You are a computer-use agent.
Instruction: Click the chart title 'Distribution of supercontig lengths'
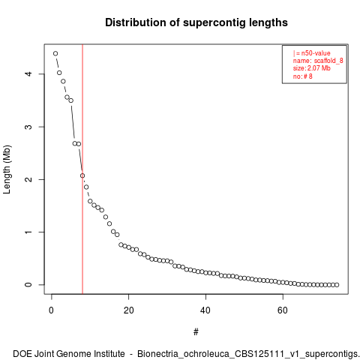pyautogui.click(x=196, y=22)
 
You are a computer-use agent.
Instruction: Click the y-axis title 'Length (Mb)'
pyautogui.click(x=7, y=169)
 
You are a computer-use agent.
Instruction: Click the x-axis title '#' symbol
pyautogui.click(x=196, y=332)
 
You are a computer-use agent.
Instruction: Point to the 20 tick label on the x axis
pyautogui.click(x=128, y=310)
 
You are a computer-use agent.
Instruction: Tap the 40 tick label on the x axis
pyautogui.click(x=205, y=310)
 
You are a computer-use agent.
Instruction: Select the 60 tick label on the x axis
pyautogui.click(x=283, y=310)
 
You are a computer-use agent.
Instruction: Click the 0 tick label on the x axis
pyautogui.click(x=52, y=310)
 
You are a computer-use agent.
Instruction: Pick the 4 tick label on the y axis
pyautogui.click(x=28, y=74)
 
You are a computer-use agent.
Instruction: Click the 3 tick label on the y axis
pyautogui.click(x=28, y=127)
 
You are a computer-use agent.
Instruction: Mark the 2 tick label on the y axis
pyautogui.click(x=28, y=179)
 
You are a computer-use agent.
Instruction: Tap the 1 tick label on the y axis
pyautogui.click(x=28, y=232)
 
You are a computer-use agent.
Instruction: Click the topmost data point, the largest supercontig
pyautogui.click(x=55, y=53)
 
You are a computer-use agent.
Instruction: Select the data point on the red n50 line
pyautogui.click(x=82, y=175)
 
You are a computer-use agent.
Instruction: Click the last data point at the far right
pyautogui.click(x=337, y=285)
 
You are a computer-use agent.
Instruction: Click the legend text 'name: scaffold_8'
pyautogui.click(x=318, y=61)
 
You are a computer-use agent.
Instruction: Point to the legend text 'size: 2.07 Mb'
pyautogui.click(x=312, y=68)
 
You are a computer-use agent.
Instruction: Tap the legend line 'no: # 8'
pyautogui.click(x=303, y=76)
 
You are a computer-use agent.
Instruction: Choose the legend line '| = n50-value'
pyautogui.click(x=312, y=53)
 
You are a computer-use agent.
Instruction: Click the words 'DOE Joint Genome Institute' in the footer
pyautogui.click(x=69, y=354)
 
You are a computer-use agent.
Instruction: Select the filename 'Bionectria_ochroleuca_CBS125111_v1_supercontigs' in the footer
pyautogui.click(x=247, y=354)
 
